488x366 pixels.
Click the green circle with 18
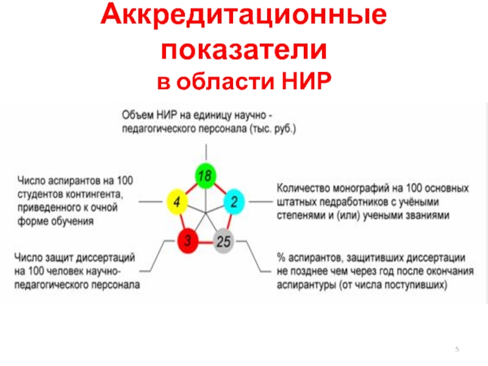pyautogui.click(x=206, y=177)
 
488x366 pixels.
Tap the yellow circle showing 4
pyautogui.click(x=177, y=202)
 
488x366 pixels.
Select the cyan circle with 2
pyautogui.click(x=234, y=202)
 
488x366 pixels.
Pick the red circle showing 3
pyautogui.click(x=188, y=240)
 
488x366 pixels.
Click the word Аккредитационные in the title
pyautogui.click(x=243, y=18)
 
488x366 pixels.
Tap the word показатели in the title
pyautogui.click(x=243, y=51)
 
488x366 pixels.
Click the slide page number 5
pyautogui.click(x=456, y=348)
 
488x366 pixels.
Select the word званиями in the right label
pyautogui.click(x=428, y=215)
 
